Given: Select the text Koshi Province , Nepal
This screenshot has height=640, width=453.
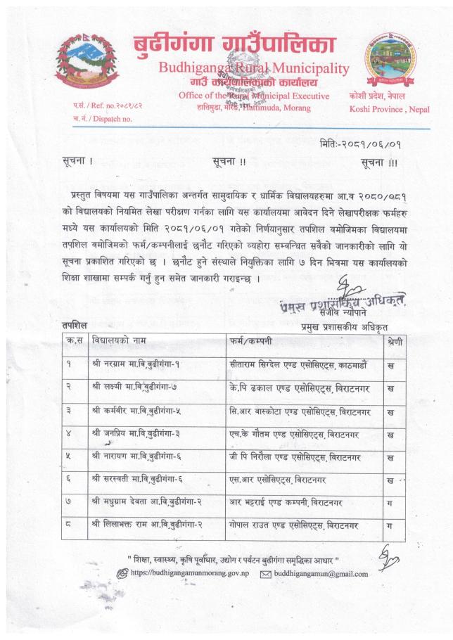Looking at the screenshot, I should coord(389,109).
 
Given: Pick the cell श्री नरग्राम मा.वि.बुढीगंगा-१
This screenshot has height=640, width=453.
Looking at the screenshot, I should coord(139,367).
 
